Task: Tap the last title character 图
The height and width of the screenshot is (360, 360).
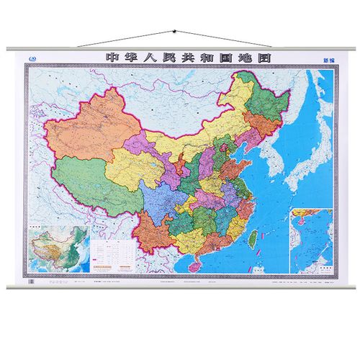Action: (x=254, y=58)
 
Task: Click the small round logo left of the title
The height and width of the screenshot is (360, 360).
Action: (x=30, y=58)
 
